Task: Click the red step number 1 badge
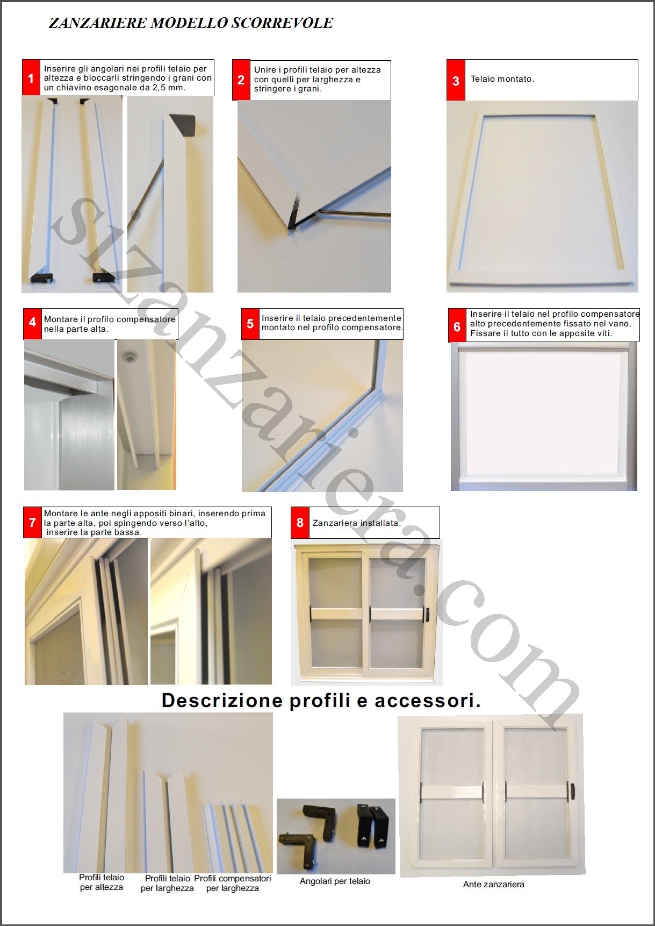coord(31,78)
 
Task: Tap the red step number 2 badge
coord(241,80)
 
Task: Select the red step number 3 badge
coord(456,80)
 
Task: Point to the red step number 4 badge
coord(32,323)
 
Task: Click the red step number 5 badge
coord(250,324)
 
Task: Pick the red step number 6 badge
coord(457,326)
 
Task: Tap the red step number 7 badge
coord(32,522)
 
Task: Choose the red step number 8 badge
coord(300,522)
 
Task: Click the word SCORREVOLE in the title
coord(283,23)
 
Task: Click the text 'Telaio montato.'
coord(502,79)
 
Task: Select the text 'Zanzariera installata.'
coord(357,523)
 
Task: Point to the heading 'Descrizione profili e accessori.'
coord(321,700)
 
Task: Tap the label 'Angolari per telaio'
coord(335,881)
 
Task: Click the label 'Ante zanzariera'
coord(494,884)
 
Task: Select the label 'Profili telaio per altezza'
coord(102,882)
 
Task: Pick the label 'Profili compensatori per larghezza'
coord(233,884)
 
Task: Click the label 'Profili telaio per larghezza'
coord(167,884)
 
